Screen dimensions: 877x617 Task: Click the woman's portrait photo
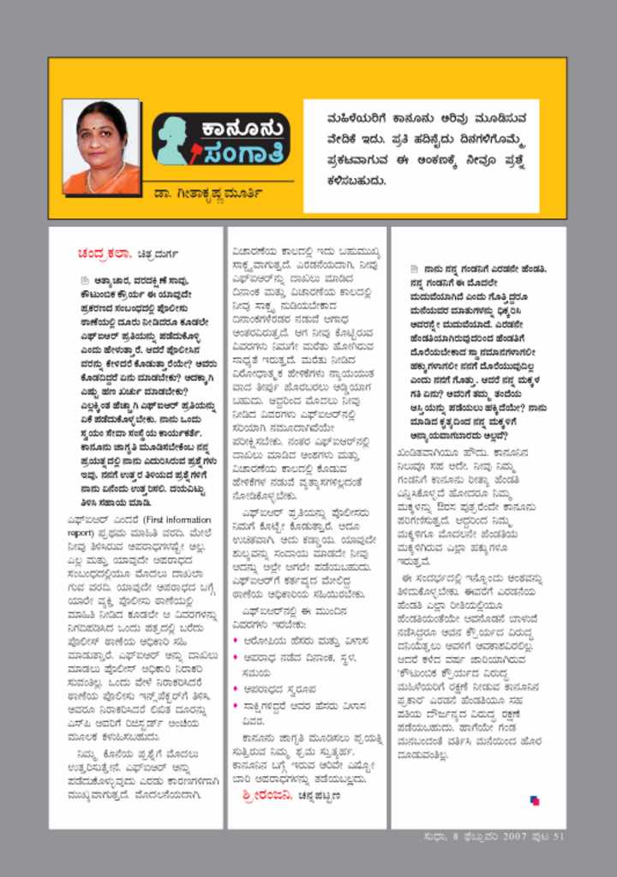tap(101, 146)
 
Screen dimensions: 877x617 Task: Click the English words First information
tap(177, 519)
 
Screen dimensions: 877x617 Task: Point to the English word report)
tap(85, 532)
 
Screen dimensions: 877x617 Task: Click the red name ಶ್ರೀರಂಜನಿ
tap(268, 796)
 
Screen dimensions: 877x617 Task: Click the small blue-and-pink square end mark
tap(535, 800)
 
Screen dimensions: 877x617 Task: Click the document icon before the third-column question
tap(415, 268)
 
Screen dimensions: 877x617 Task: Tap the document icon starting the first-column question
tap(85, 279)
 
